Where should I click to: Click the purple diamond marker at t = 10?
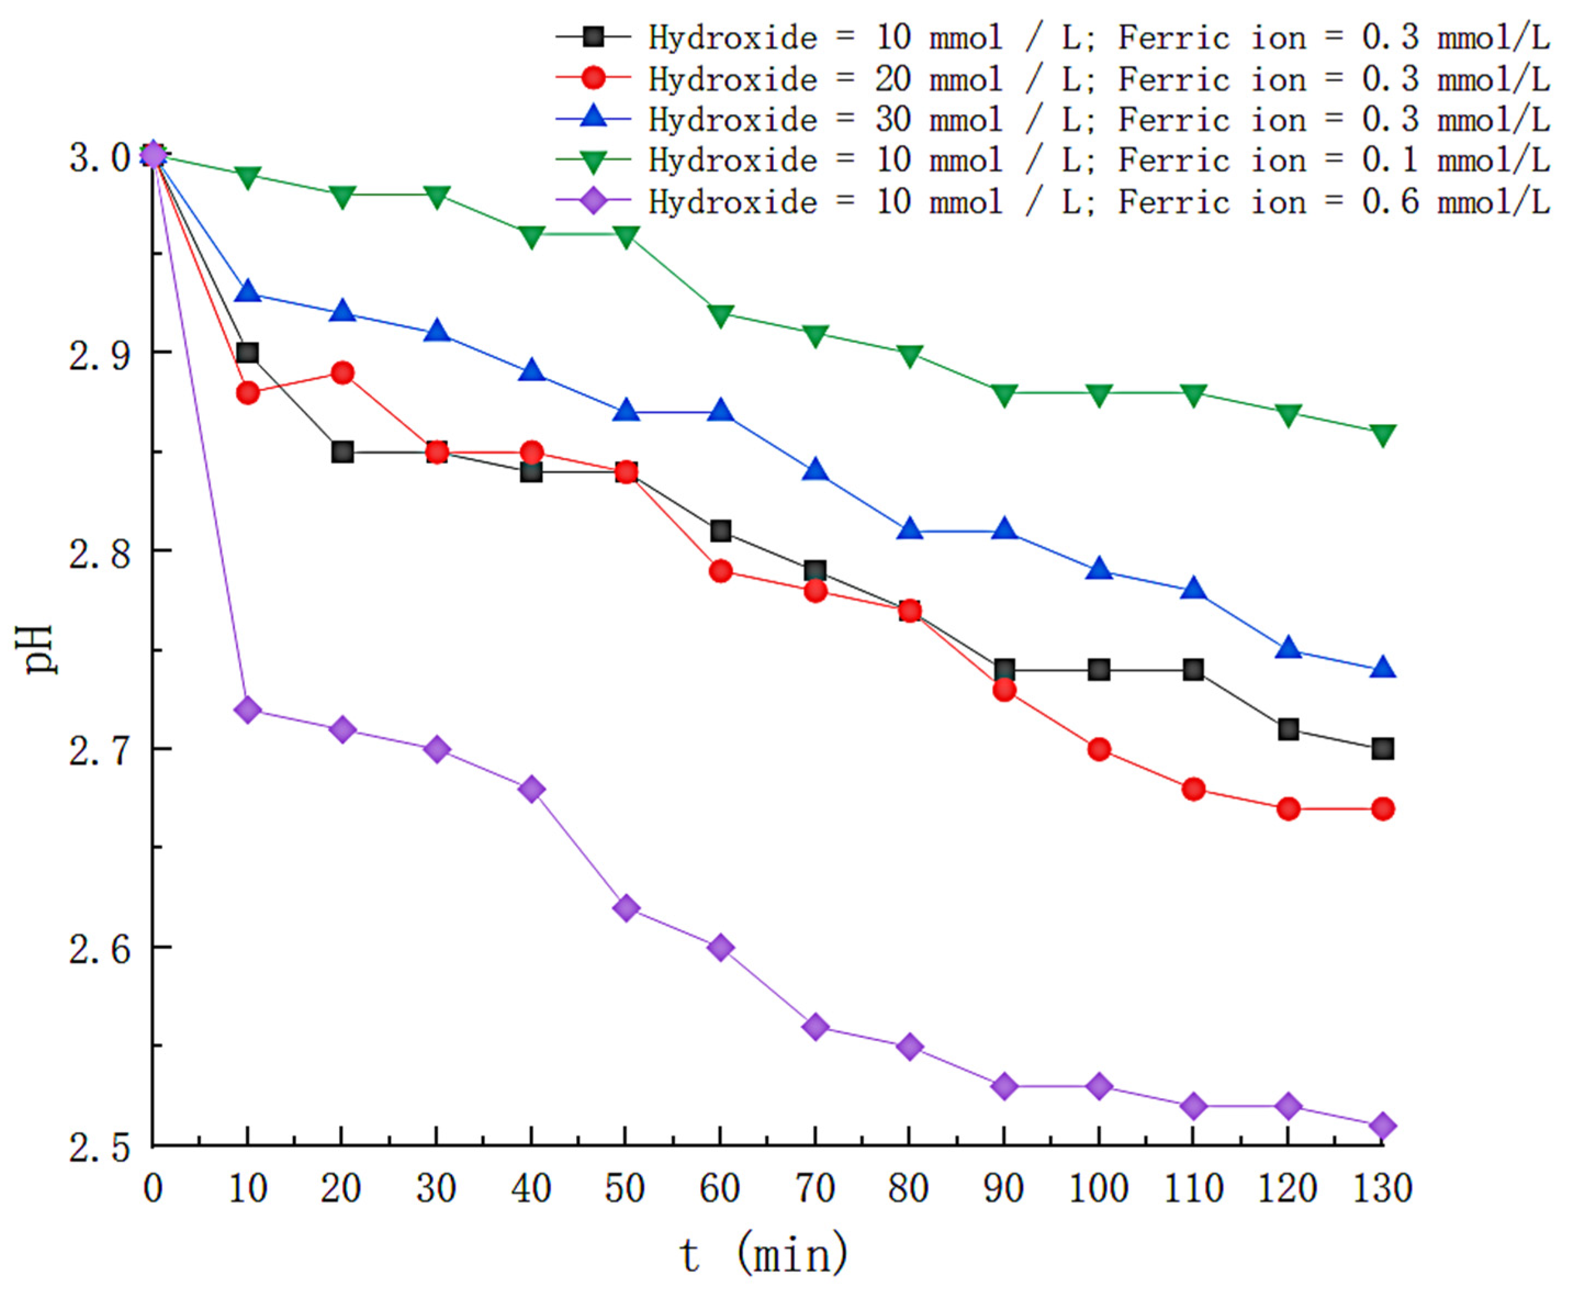pyautogui.click(x=247, y=709)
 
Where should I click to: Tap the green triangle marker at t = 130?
pyautogui.click(x=1382, y=434)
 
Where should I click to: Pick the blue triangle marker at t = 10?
pyautogui.click(x=247, y=292)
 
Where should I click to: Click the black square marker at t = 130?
pyautogui.click(x=1382, y=749)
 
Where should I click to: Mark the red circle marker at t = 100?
pyautogui.click(x=1099, y=749)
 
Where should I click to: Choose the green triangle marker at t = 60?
pyautogui.click(x=720, y=315)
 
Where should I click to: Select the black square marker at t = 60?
pyautogui.click(x=720, y=531)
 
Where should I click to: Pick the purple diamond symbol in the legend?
pyautogui.click(x=593, y=201)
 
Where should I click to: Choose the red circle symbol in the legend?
pyautogui.click(x=593, y=77)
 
